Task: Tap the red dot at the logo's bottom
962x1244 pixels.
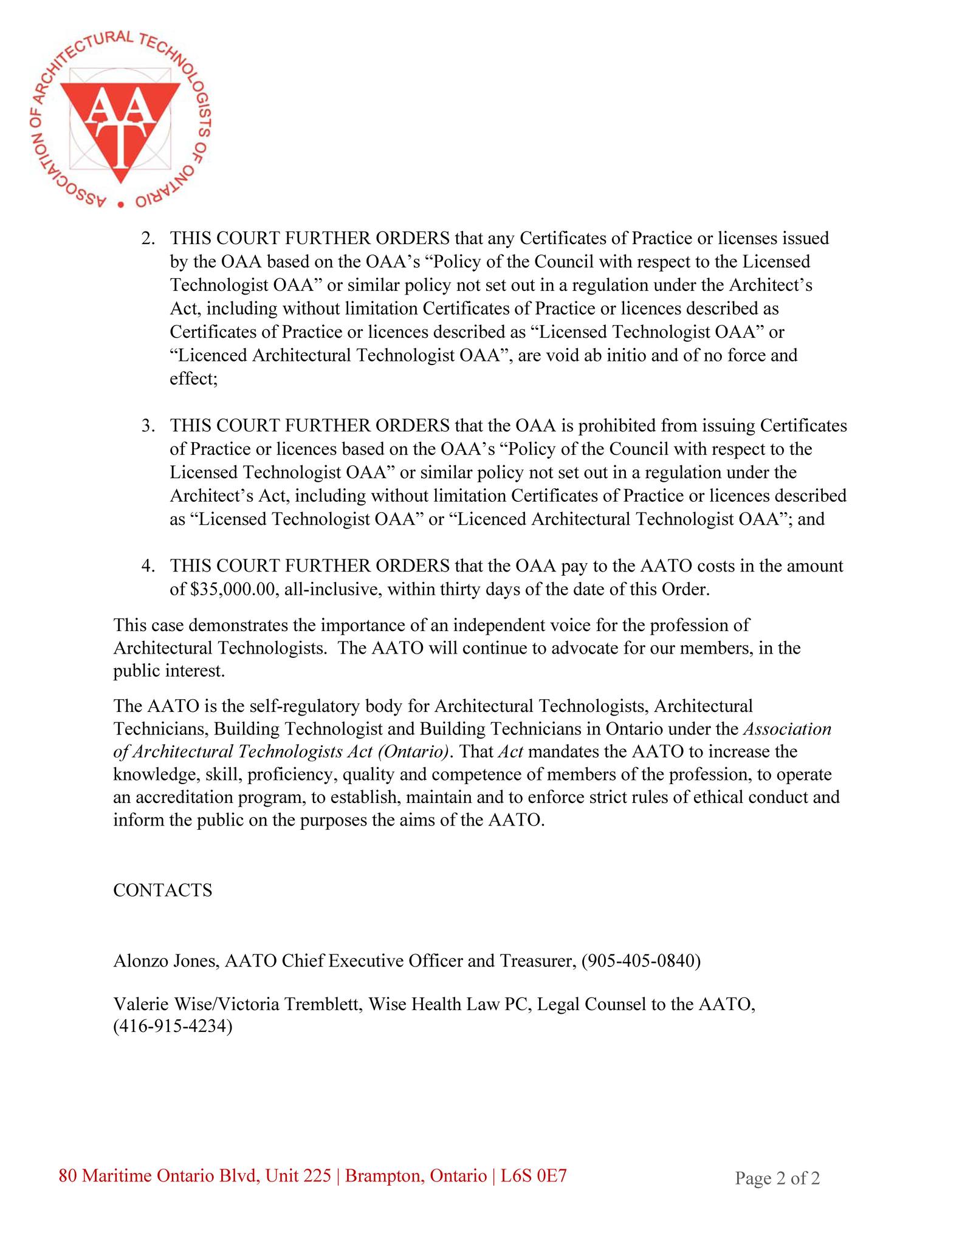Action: pos(120,205)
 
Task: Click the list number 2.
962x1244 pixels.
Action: pos(148,238)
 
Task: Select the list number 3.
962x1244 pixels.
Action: pos(148,426)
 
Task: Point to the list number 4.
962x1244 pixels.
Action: pos(148,566)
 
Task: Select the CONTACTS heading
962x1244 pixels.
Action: pos(163,890)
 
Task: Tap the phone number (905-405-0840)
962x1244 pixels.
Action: pos(641,961)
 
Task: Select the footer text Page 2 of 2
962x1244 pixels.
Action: pos(777,1178)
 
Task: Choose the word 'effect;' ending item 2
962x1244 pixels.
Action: pos(193,378)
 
